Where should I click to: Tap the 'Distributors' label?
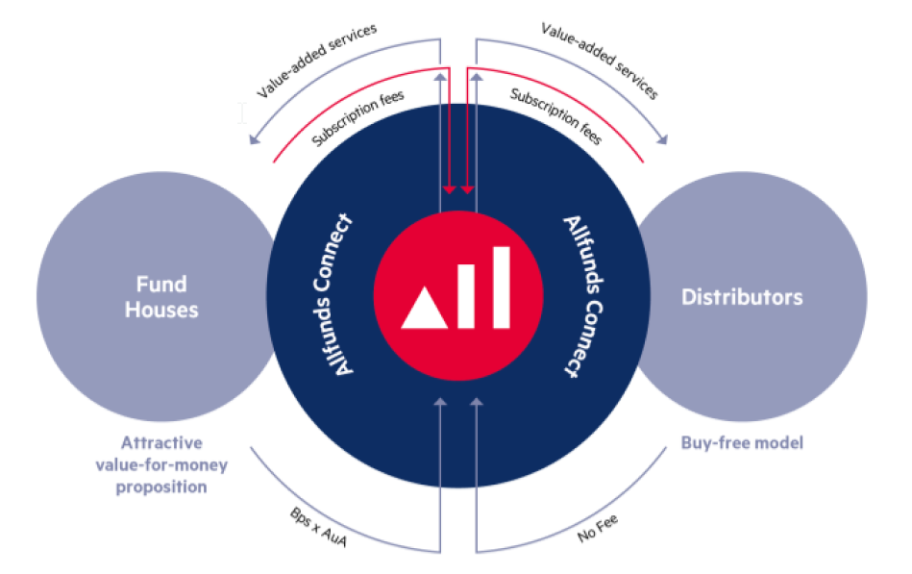(742, 297)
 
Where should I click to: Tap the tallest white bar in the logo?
(500, 287)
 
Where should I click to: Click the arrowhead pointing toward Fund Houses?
(254, 142)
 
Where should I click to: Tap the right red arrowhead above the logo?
(467, 188)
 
